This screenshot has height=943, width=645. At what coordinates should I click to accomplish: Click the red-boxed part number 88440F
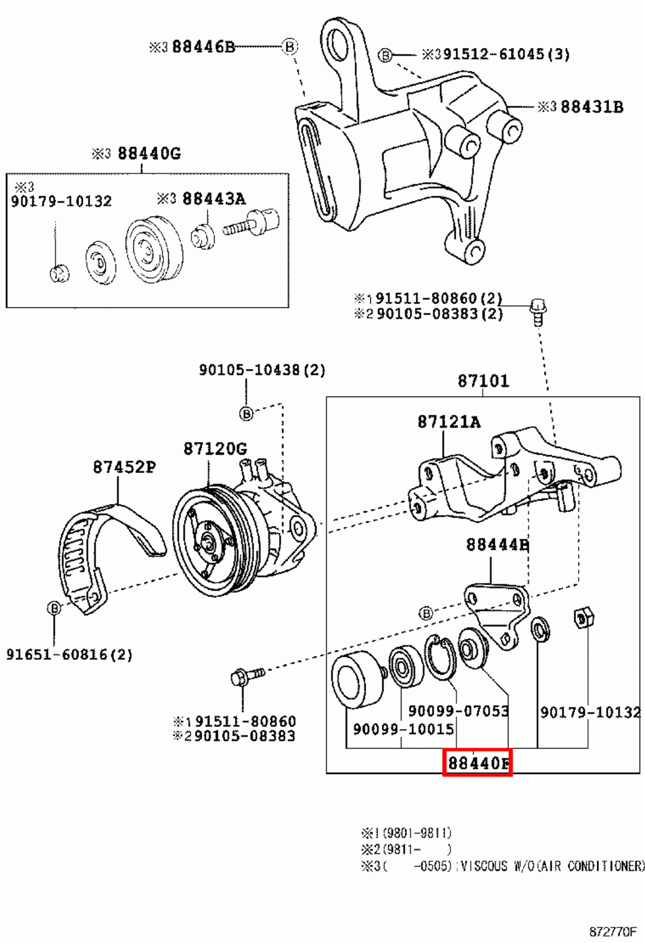click(478, 763)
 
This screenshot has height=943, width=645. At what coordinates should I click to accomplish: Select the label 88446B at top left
click(203, 47)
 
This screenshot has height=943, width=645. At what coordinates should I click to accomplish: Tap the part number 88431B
click(591, 107)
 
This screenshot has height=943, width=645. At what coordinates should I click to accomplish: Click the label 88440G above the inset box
click(149, 154)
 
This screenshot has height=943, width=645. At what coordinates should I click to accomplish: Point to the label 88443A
click(213, 199)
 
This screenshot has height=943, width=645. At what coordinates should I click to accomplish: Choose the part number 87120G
click(215, 449)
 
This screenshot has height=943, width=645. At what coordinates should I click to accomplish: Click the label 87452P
click(124, 467)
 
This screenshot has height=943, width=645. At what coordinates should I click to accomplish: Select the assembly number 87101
click(483, 381)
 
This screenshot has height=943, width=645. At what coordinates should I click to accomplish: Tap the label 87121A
click(449, 421)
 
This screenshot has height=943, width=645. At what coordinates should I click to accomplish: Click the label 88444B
click(496, 545)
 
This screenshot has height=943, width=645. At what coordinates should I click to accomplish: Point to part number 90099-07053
click(458, 711)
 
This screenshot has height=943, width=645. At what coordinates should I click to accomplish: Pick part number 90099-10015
click(403, 729)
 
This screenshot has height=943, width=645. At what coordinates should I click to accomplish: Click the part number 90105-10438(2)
click(262, 370)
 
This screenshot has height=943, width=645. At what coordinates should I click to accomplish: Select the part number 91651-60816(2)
click(69, 654)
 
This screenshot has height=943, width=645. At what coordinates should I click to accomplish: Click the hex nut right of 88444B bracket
click(584, 618)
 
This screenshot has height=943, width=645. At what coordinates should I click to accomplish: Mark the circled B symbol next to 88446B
click(289, 46)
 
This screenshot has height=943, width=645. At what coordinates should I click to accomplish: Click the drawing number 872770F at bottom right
click(613, 932)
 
